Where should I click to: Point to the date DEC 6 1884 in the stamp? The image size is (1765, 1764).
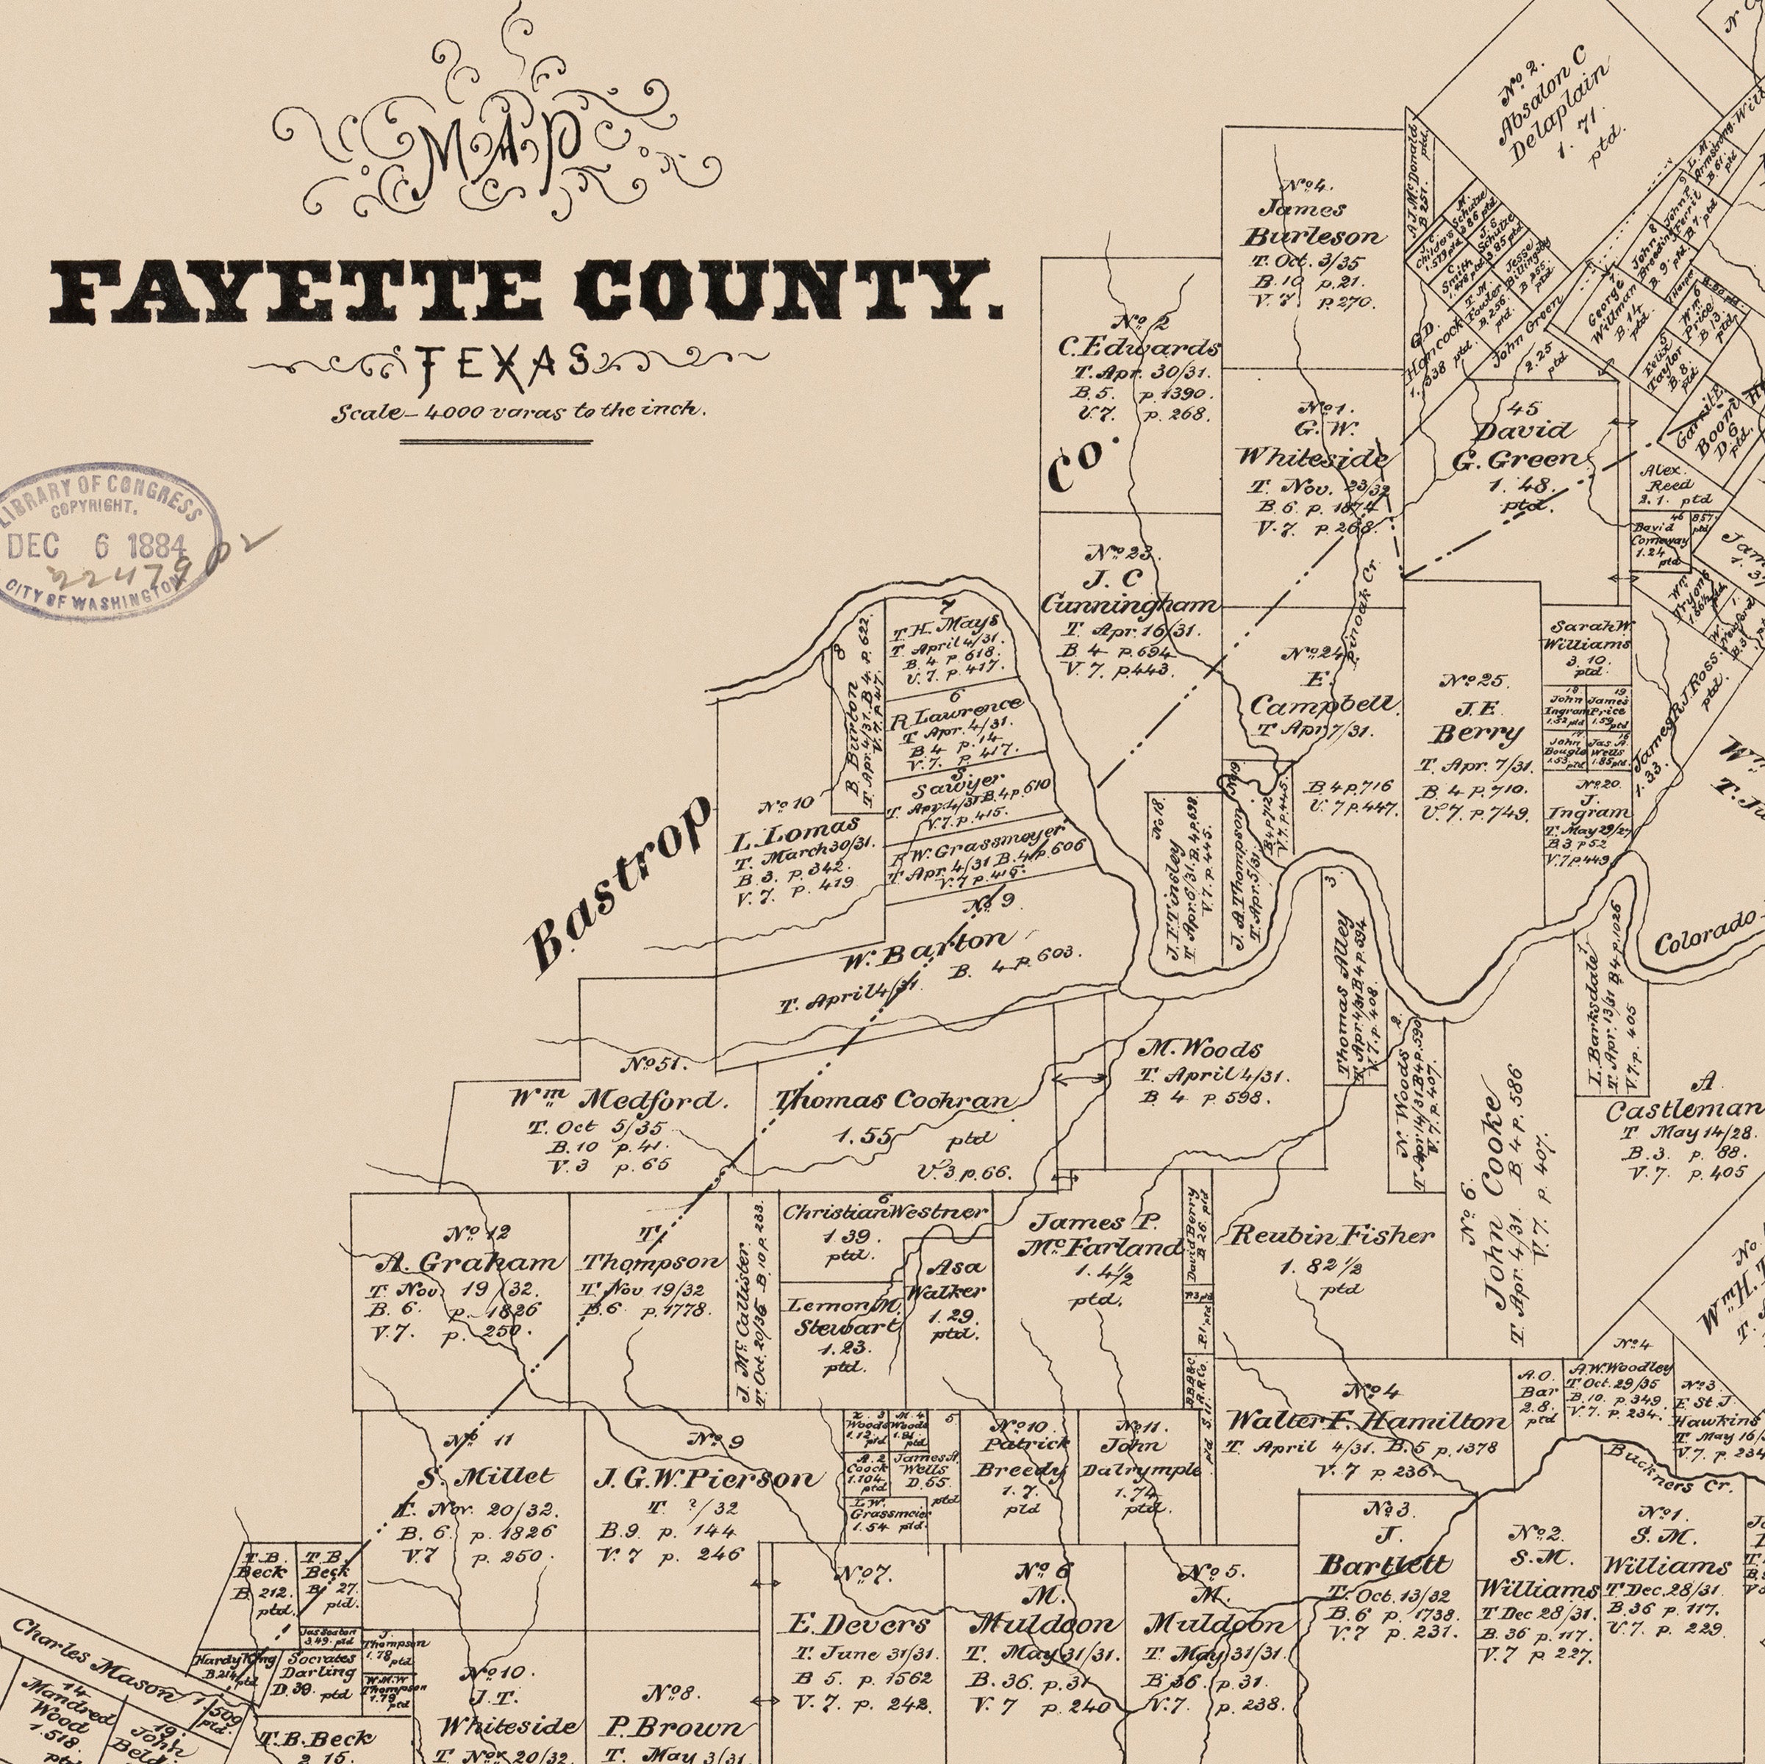tap(96, 546)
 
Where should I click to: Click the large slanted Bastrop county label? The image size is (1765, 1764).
tap(620, 883)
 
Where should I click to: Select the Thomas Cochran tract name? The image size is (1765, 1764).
tap(893, 1101)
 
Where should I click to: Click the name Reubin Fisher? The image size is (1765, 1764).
tap(1331, 1236)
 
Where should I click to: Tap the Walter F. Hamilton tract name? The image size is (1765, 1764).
tap(1365, 1421)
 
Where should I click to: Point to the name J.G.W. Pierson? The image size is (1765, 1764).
tap(704, 1478)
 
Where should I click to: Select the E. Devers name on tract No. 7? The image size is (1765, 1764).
tap(858, 1624)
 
